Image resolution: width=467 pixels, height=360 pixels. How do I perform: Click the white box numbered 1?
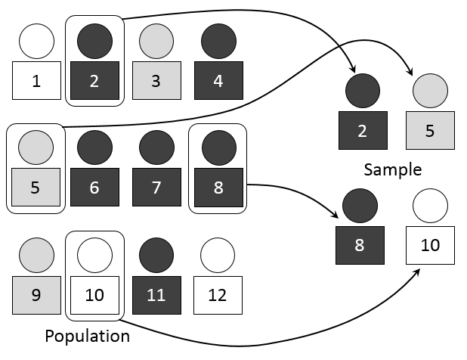coord(37,81)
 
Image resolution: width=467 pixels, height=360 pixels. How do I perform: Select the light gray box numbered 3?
coord(156,81)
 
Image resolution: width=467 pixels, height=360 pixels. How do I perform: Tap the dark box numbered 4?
coord(218,81)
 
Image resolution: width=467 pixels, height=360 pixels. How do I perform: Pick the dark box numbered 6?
coord(94,187)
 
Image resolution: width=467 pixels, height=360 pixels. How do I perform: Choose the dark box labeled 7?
coord(156,187)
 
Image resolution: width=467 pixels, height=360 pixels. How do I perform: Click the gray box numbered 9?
coord(37,295)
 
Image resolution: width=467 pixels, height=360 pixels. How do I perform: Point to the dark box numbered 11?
coord(156,295)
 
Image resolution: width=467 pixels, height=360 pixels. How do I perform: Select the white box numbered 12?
coord(218,295)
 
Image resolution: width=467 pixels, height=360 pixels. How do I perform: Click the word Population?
coord(87,335)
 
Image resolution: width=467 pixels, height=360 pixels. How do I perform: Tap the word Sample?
coord(392,168)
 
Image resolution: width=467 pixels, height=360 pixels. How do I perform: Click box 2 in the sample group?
coord(363,130)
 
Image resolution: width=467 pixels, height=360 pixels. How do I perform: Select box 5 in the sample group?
coord(429,130)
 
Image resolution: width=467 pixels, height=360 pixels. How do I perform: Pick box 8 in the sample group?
coord(360,246)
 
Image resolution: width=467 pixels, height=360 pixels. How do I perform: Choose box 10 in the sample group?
coord(429,246)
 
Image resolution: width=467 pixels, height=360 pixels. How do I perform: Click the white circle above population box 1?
coord(37,42)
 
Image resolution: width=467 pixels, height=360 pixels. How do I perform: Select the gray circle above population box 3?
coord(156,42)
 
